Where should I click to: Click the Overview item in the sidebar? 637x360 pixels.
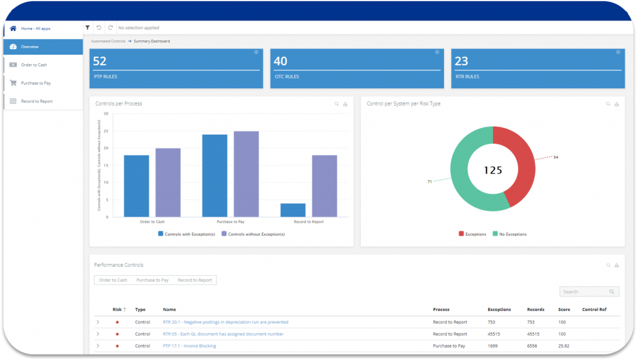tap(29, 47)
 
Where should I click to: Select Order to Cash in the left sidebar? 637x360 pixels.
tap(34, 65)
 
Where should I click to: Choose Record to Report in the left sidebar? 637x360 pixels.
tap(37, 101)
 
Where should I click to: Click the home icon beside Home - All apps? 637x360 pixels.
tap(13, 29)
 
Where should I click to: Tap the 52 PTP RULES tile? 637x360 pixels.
tap(175, 68)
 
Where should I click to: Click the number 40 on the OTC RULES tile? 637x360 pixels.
tap(281, 61)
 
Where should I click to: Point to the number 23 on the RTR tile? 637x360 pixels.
tap(462, 61)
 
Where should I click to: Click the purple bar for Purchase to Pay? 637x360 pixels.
tap(246, 174)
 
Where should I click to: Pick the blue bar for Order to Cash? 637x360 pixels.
tap(136, 186)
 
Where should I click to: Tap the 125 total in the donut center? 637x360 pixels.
tap(493, 170)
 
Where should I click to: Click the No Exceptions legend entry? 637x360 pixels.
tap(511, 234)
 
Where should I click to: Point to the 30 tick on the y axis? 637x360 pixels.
tap(106, 114)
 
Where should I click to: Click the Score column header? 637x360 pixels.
tap(564, 309)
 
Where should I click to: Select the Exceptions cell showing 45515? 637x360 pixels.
tap(496, 334)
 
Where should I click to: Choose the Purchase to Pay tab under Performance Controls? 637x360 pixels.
tap(152, 280)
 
